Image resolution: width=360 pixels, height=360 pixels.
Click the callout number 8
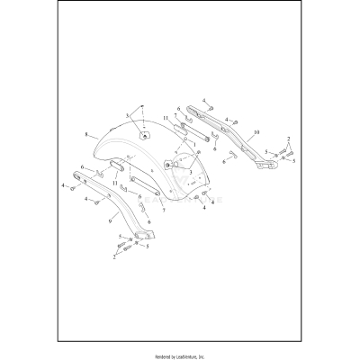[85, 134]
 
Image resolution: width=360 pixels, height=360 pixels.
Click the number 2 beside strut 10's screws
[288, 139]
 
